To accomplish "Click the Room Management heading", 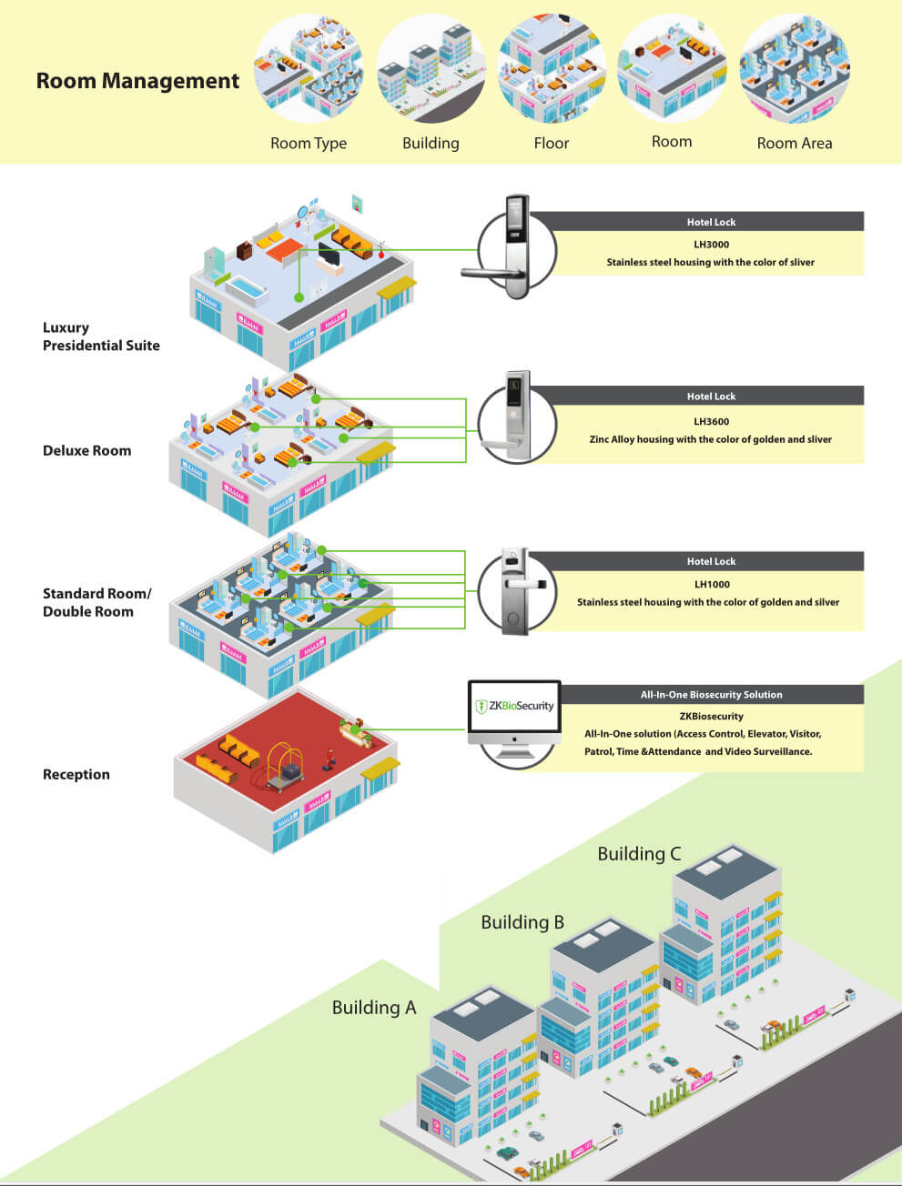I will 137,81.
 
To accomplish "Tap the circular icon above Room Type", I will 309,69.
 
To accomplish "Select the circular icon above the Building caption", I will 431,69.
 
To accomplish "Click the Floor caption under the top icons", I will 552,143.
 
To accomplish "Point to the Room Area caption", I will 795,143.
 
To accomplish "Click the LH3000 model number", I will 711,245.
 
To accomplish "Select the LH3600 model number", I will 711,422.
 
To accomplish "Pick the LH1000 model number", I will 711,585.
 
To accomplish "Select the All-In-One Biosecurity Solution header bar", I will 711,695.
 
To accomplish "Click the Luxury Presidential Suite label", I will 100,337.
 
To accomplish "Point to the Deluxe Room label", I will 86,451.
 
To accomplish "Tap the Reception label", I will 76,775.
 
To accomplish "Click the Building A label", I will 373,1008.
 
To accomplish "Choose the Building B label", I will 522,922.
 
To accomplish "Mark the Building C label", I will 639,854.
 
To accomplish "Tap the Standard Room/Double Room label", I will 96,603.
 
